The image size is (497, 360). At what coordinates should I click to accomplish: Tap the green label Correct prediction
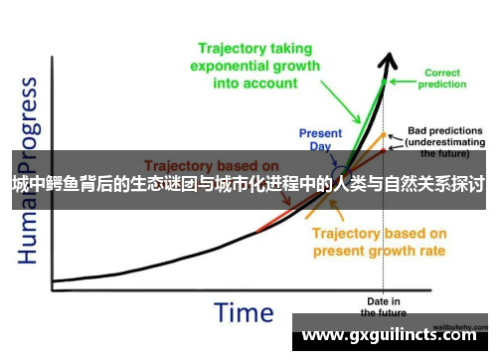(441, 79)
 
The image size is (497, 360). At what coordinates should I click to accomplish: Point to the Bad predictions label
(444, 130)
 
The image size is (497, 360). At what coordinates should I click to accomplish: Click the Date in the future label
(384, 306)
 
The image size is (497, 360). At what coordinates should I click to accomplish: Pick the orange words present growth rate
(380, 251)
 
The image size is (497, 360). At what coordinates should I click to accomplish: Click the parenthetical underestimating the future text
(443, 148)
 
